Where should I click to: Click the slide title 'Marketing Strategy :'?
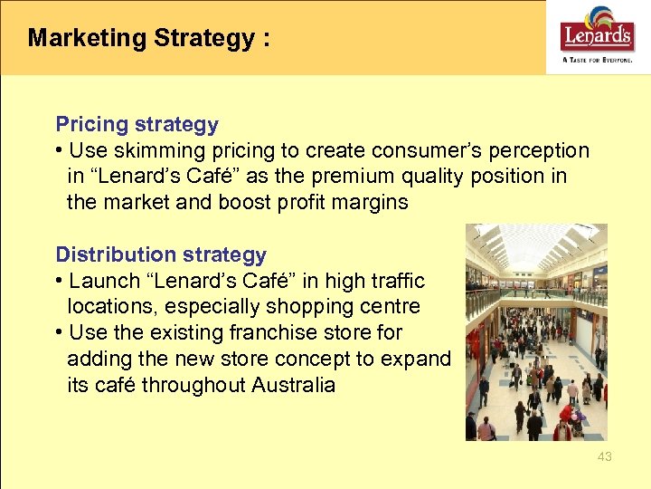click(x=148, y=38)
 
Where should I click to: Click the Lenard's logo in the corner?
click(x=598, y=34)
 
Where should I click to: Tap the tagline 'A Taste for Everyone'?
click(x=598, y=60)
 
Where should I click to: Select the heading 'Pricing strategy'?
click(x=137, y=124)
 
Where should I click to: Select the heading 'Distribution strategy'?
click(x=161, y=254)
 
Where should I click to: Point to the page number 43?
click(x=604, y=456)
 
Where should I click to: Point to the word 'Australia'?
click(x=293, y=385)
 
